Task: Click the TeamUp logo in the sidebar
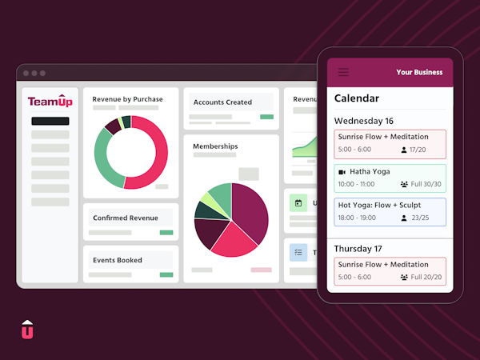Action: (x=50, y=102)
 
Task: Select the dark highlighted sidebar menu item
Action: (x=50, y=122)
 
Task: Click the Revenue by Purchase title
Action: (x=127, y=99)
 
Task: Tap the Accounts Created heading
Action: (x=222, y=102)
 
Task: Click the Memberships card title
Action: (x=215, y=146)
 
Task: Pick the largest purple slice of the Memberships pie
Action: (x=250, y=210)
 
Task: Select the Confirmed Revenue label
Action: (x=125, y=218)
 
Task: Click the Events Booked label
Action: (x=118, y=260)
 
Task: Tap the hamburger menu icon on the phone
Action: (x=343, y=72)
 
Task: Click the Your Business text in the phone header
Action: (x=419, y=73)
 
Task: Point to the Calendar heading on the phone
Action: (x=356, y=98)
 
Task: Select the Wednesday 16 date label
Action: (x=364, y=121)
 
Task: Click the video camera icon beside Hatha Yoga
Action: (x=342, y=172)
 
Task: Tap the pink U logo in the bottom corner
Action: (x=27, y=329)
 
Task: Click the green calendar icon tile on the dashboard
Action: (x=298, y=203)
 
